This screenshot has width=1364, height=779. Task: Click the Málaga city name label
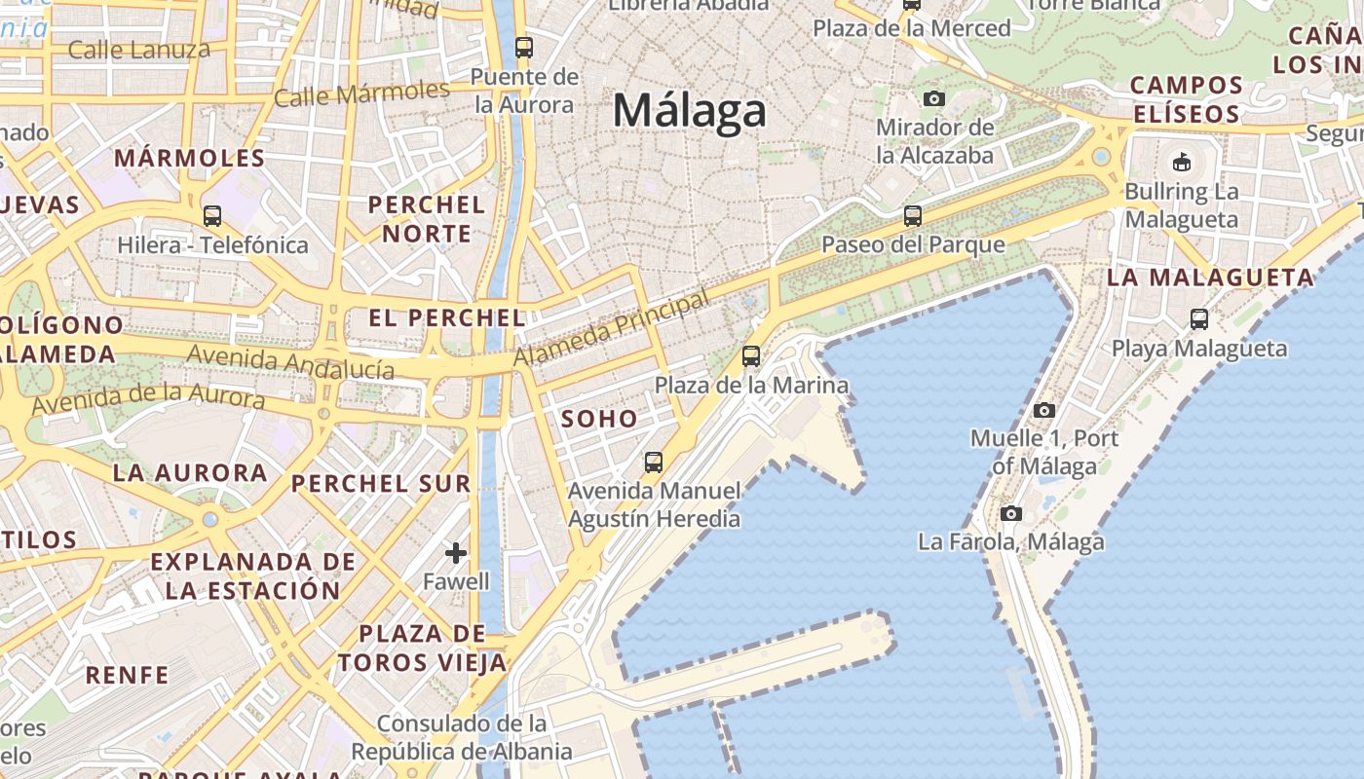tap(689, 110)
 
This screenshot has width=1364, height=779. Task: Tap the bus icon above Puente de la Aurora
tap(523, 47)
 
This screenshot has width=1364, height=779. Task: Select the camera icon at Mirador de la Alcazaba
tap(933, 98)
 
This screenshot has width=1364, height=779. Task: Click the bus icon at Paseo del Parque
tap(912, 216)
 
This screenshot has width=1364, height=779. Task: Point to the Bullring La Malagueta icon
tap(1182, 162)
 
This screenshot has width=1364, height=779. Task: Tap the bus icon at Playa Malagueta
tap(1199, 319)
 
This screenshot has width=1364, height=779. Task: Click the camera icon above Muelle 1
tap(1044, 410)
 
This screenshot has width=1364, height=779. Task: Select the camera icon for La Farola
tap(1011, 513)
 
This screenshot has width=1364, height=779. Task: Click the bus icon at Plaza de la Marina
tap(750, 356)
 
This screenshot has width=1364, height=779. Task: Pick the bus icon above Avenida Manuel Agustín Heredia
tap(653, 462)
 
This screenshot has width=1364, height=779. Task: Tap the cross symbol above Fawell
tap(455, 554)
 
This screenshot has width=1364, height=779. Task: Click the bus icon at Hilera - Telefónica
tap(211, 216)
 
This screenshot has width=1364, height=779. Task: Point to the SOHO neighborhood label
tap(599, 420)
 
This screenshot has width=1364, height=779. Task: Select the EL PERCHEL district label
tap(447, 317)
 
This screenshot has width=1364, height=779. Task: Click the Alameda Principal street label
tap(611, 330)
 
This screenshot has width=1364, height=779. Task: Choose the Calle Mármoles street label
tap(360, 94)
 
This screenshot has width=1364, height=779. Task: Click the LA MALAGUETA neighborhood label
tap(1210, 278)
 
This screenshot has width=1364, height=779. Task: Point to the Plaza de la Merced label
tap(912, 28)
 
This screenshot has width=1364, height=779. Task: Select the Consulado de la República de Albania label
tap(462, 737)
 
